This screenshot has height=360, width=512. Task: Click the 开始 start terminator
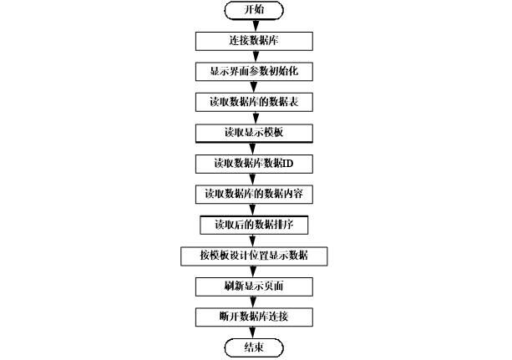pyautogui.click(x=255, y=10)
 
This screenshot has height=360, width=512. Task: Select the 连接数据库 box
pyautogui.click(x=255, y=40)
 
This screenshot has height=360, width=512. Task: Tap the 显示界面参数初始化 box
pyautogui.click(x=255, y=71)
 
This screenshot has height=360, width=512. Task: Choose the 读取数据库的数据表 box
pyautogui.click(x=255, y=102)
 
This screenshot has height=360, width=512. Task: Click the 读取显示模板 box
pyautogui.click(x=255, y=133)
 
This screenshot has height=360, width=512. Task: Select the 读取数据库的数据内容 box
pyautogui.click(x=255, y=194)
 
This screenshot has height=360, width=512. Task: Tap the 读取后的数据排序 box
pyautogui.click(x=255, y=225)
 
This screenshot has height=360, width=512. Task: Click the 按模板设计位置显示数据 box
pyautogui.click(x=255, y=256)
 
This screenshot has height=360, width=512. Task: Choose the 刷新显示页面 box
pyautogui.click(x=255, y=286)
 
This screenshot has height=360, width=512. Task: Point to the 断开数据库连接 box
pyautogui.click(x=255, y=317)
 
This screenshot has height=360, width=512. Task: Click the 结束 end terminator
pyautogui.click(x=255, y=347)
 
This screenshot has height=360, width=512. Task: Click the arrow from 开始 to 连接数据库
pyautogui.click(x=255, y=25)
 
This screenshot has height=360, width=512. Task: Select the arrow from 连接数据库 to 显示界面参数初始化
pyautogui.click(x=255, y=56)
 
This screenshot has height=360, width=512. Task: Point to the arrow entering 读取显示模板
pyautogui.click(x=255, y=118)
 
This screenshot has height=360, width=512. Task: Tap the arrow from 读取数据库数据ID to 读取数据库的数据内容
pyautogui.click(x=255, y=179)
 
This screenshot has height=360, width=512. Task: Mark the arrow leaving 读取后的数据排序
pyautogui.click(x=255, y=241)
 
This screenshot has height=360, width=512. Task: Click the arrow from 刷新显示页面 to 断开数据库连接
pyautogui.click(x=255, y=302)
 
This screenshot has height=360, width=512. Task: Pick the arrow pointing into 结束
pyautogui.click(x=255, y=332)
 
